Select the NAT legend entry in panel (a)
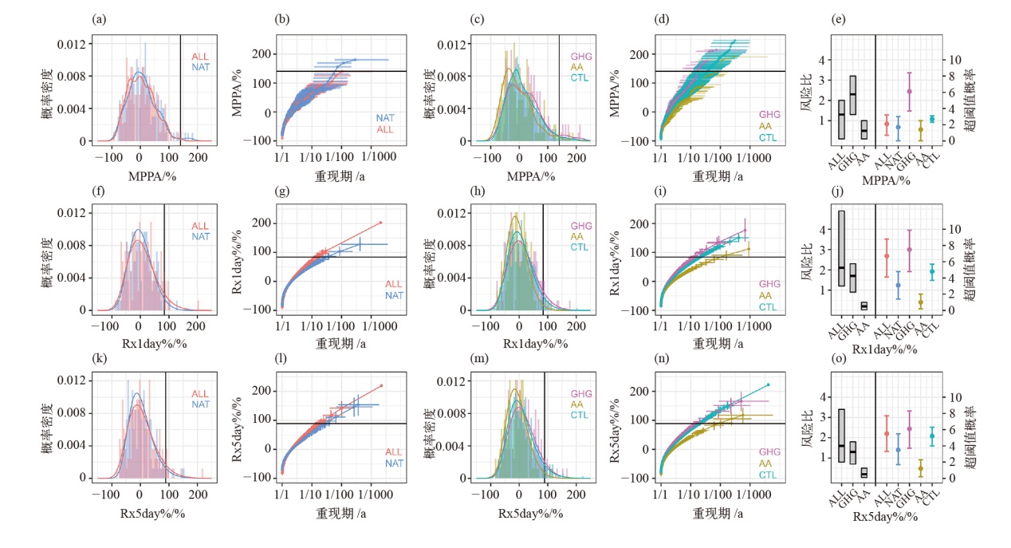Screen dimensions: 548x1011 pos(199,69)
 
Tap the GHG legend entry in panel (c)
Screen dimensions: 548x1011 pos(580,57)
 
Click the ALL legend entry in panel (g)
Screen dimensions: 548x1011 pos(394,284)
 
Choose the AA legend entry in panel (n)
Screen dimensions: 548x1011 pos(765,463)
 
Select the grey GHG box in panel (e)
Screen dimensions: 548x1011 pos(852,96)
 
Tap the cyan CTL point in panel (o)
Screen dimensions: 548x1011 pos(931,436)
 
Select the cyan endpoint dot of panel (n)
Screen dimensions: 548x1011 pos(768,384)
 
